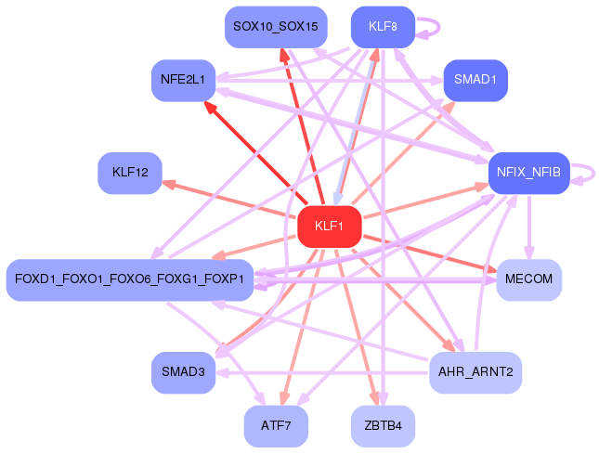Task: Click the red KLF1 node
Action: click(x=330, y=227)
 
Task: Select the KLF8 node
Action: click(x=383, y=27)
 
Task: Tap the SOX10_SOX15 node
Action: click(x=276, y=27)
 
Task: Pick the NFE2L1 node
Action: click(x=183, y=80)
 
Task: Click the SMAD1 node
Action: click(x=475, y=80)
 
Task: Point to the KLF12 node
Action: click(x=130, y=173)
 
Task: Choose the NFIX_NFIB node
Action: click(x=529, y=173)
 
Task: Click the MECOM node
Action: click(x=529, y=279)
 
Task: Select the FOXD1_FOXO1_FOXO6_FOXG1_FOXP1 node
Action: click(x=130, y=279)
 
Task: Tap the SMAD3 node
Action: click(x=183, y=372)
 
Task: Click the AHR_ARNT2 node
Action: click(x=475, y=372)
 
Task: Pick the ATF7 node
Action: click(x=276, y=426)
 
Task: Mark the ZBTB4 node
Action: click(x=383, y=426)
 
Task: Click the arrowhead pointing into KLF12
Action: click(x=168, y=184)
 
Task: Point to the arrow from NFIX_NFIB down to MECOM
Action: click(x=529, y=227)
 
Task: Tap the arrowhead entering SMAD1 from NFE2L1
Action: click(x=436, y=81)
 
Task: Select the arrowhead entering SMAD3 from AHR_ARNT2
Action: click(x=222, y=372)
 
